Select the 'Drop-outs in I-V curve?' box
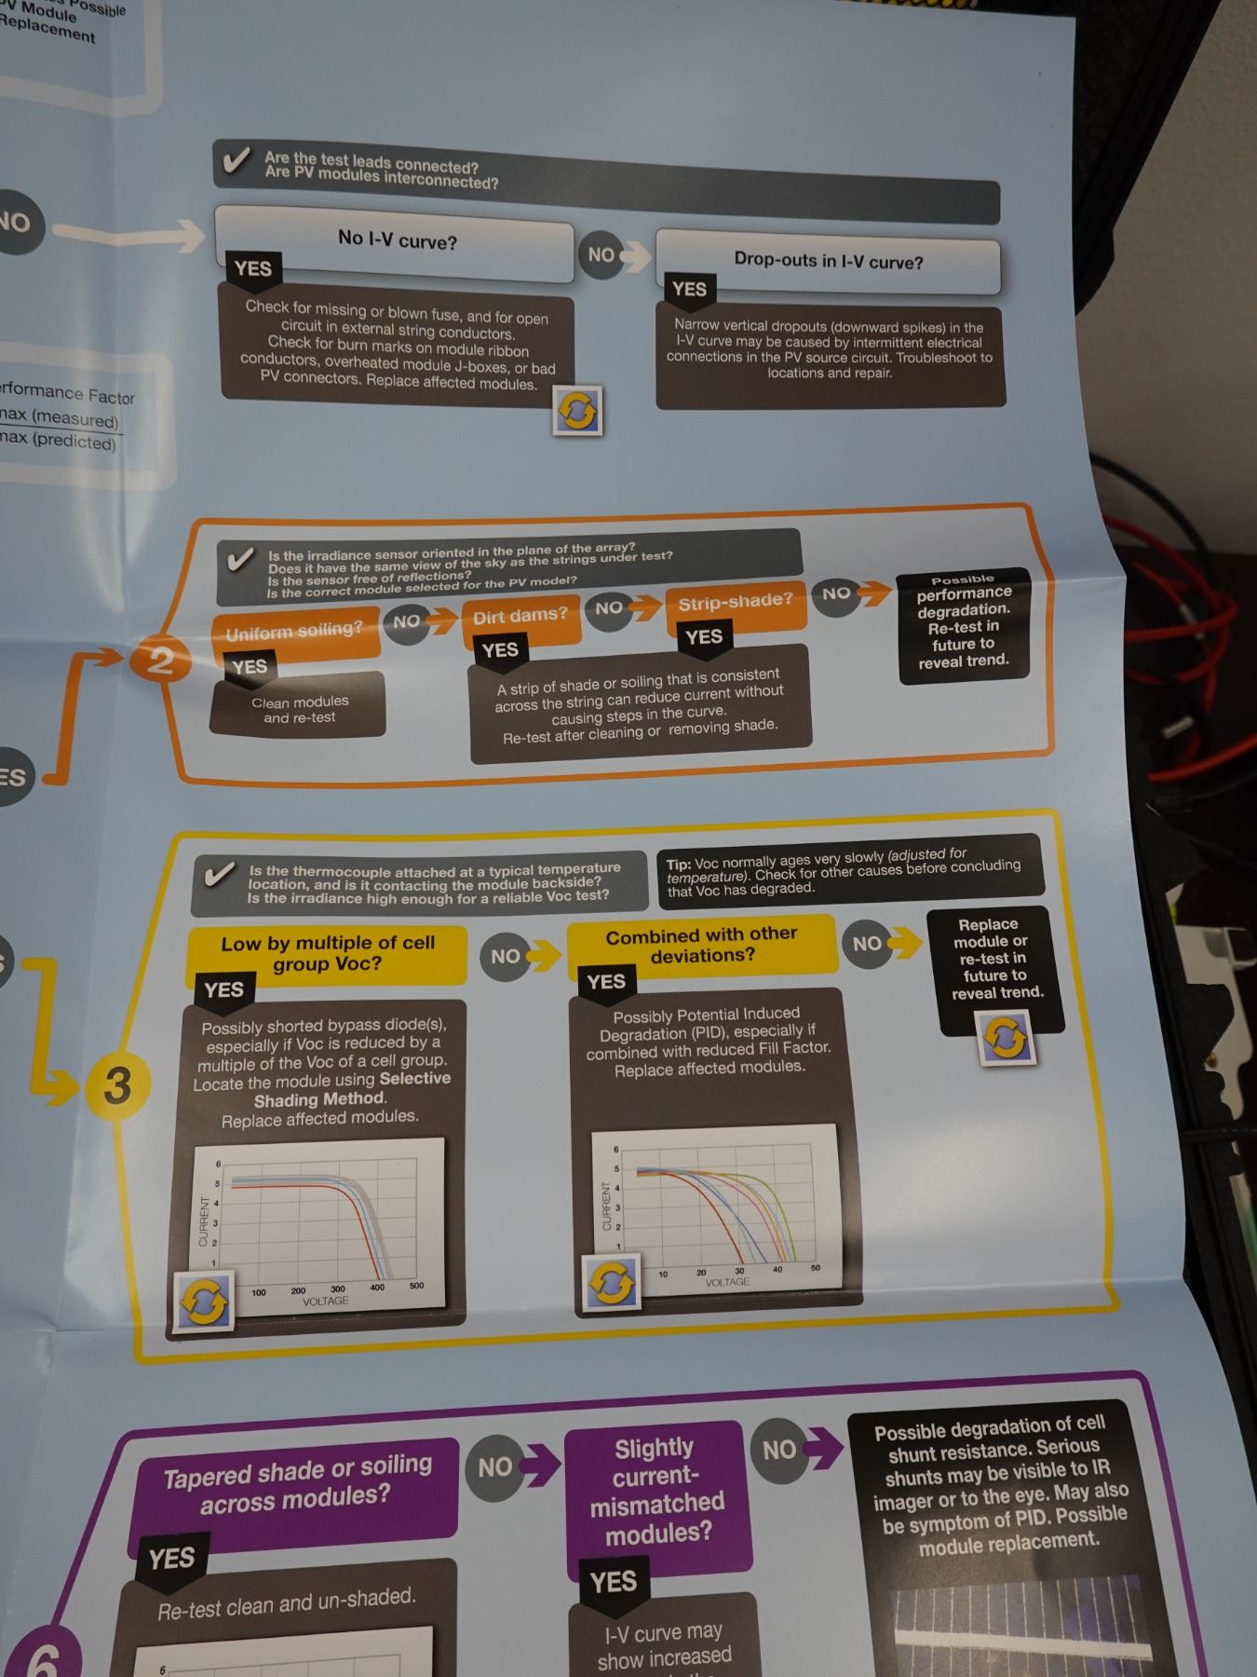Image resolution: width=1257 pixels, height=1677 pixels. coord(828,261)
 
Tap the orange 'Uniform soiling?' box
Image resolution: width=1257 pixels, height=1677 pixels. coord(295,631)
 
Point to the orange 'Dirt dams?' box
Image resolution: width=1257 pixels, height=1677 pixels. coord(520,616)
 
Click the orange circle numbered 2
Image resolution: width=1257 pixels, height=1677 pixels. coord(160,661)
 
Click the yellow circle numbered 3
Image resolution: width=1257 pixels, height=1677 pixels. coord(117,1085)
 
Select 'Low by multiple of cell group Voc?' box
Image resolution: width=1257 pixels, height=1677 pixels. coord(327,953)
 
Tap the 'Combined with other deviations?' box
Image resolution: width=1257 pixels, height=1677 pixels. coord(701,945)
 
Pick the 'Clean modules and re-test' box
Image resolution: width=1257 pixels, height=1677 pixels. coord(299,709)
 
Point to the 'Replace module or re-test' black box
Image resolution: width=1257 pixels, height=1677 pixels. coord(995,960)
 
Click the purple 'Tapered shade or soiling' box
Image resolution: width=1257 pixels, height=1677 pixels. coord(297,1486)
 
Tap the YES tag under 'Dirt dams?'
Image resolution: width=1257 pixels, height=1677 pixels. coord(500,649)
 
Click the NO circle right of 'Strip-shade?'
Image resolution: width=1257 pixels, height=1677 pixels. coord(836,593)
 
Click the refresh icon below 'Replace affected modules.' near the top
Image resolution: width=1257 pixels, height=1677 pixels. coord(577,411)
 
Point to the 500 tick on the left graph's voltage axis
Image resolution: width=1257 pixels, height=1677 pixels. coord(416,1286)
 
